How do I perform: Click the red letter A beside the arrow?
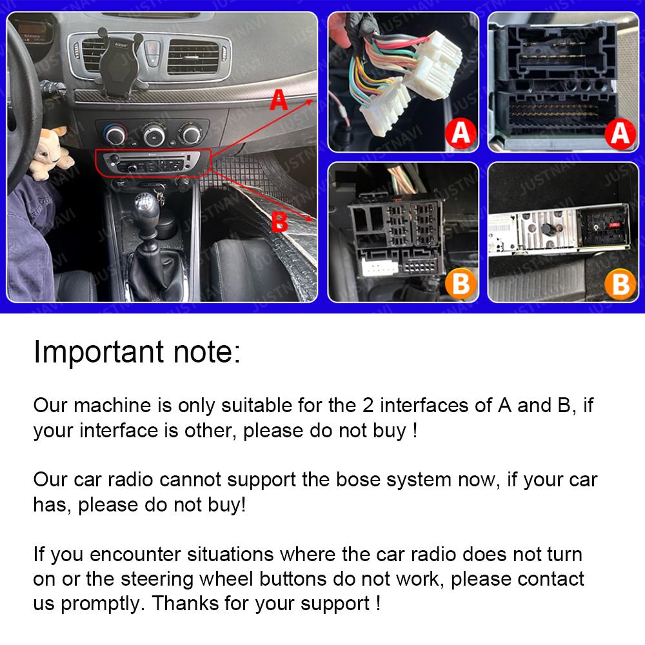pyautogui.click(x=277, y=101)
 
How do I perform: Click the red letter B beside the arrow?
pyautogui.click(x=279, y=221)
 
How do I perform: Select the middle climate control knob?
pyautogui.click(x=154, y=135)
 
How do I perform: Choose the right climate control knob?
pyautogui.click(x=190, y=135)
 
